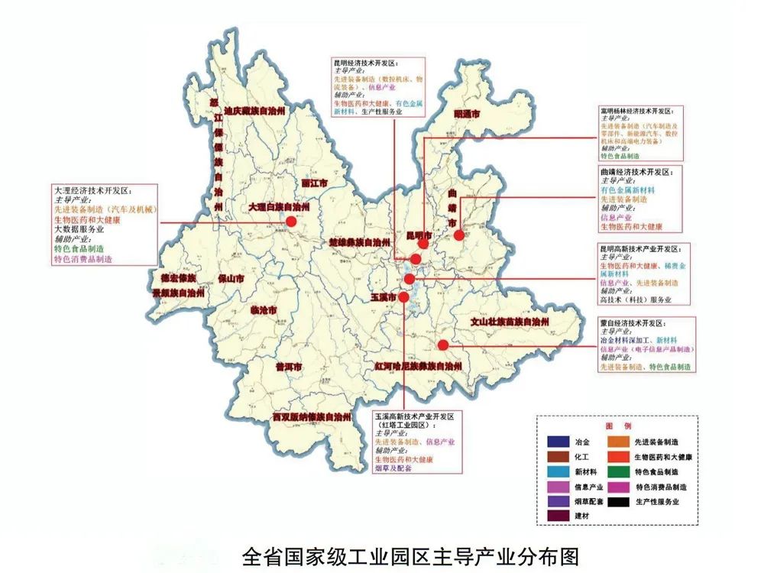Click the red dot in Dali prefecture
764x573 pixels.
tap(290, 222)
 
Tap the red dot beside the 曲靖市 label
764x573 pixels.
tap(458, 235)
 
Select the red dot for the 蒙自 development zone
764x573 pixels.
tap(442, 345)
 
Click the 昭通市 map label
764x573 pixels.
tap(467, 114)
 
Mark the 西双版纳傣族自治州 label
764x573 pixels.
tap(312, 417)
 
